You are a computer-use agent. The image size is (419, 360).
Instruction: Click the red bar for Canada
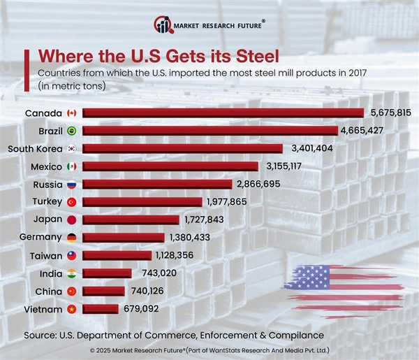click(x=223, y=113)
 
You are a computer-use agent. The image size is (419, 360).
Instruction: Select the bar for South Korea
click(x=183, y=148)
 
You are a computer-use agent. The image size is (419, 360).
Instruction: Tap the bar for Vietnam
click(x=101, y=309)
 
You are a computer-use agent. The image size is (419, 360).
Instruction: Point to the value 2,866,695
click(x=260, y=184)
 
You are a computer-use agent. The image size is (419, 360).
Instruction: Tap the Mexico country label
click(x=46, y=166)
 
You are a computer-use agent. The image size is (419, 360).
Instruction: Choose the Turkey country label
click(x=46, y=202)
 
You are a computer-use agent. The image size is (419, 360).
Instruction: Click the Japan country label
click(x=47, y=219)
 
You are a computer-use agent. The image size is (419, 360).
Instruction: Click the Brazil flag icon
click(x=71, y=131)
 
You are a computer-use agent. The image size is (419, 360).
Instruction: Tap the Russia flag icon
click(x=71, y=185)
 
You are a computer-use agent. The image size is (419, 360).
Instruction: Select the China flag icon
click(x=71, y=291)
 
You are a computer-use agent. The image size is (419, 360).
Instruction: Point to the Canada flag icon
click(x=71, y=113)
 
